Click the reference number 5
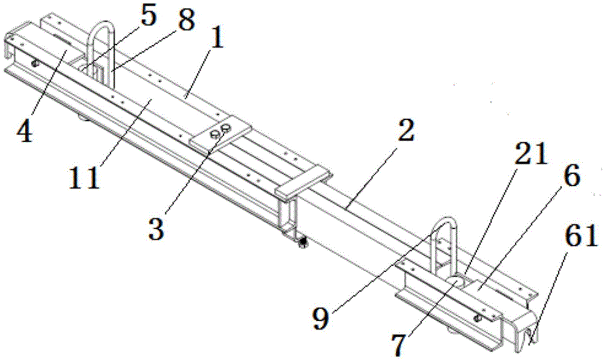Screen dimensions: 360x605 pos(148,16)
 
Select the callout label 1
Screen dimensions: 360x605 pos(216,41)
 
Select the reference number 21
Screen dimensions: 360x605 pos(529,155)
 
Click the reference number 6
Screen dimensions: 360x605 pos(571,177)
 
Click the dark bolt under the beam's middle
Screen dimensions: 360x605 pos(301,243)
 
